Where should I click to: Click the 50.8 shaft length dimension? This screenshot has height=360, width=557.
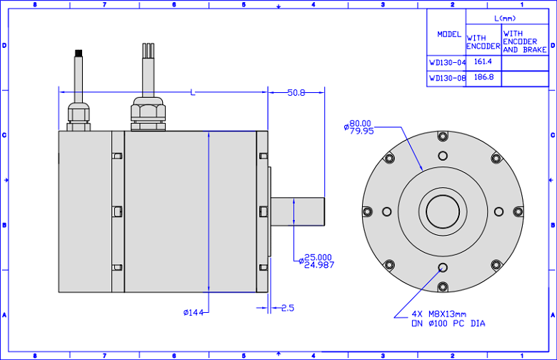tap(296, 93)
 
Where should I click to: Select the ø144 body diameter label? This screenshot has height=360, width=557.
tap(194, 312)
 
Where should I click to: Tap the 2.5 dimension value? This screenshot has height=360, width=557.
tap(288, 308)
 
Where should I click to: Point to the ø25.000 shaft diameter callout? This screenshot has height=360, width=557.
tap(316, 261)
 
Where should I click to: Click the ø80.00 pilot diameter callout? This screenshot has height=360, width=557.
tap(358, 127)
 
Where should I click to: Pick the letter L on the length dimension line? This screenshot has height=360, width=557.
tap(193, 93)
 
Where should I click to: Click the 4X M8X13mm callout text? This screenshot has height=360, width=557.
tap(439, 314)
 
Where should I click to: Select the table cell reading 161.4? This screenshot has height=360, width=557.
tap(483, 62)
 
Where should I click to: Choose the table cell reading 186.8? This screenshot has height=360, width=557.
tap(483, 77)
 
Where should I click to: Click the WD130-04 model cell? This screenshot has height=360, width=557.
tap(447, 63)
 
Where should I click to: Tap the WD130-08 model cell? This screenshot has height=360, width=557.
tap(447, 78)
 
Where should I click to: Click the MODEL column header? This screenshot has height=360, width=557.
tap(449, 34)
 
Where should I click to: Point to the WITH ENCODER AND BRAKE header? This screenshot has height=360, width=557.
tap(525, 42)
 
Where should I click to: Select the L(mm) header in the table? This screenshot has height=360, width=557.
tap(505, 19)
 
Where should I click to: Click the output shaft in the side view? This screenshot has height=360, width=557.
tap(298, 211)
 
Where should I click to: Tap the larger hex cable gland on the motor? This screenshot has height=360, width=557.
tap(148, 114)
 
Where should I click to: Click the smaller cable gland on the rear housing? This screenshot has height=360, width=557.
tap(79, 116)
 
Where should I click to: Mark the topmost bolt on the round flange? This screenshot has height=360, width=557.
tap(443, 136)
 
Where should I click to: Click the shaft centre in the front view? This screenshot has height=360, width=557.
tap(443, 211)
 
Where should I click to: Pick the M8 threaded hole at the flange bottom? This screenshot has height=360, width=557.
tap(443, 267)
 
